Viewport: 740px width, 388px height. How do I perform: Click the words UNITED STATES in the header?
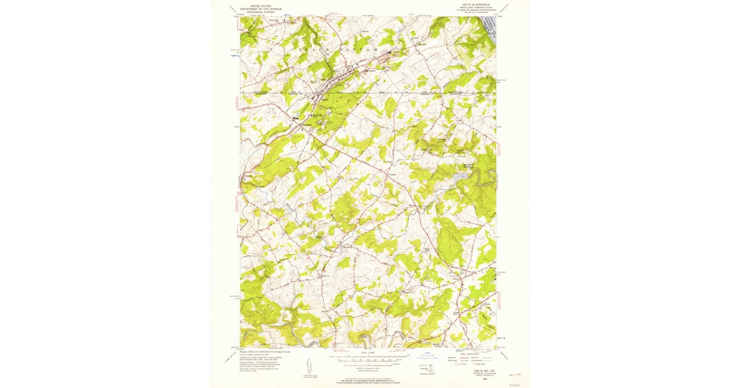click(261, 6)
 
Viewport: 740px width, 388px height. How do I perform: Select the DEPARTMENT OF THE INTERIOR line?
click(261, 9)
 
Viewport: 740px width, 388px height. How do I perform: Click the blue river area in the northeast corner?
click(490, 28)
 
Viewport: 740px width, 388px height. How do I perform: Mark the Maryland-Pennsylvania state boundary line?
click(370, 93)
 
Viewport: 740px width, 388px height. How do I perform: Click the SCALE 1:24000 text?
click(368, 352)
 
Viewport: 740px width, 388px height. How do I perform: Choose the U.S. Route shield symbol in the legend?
click(458, 364)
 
